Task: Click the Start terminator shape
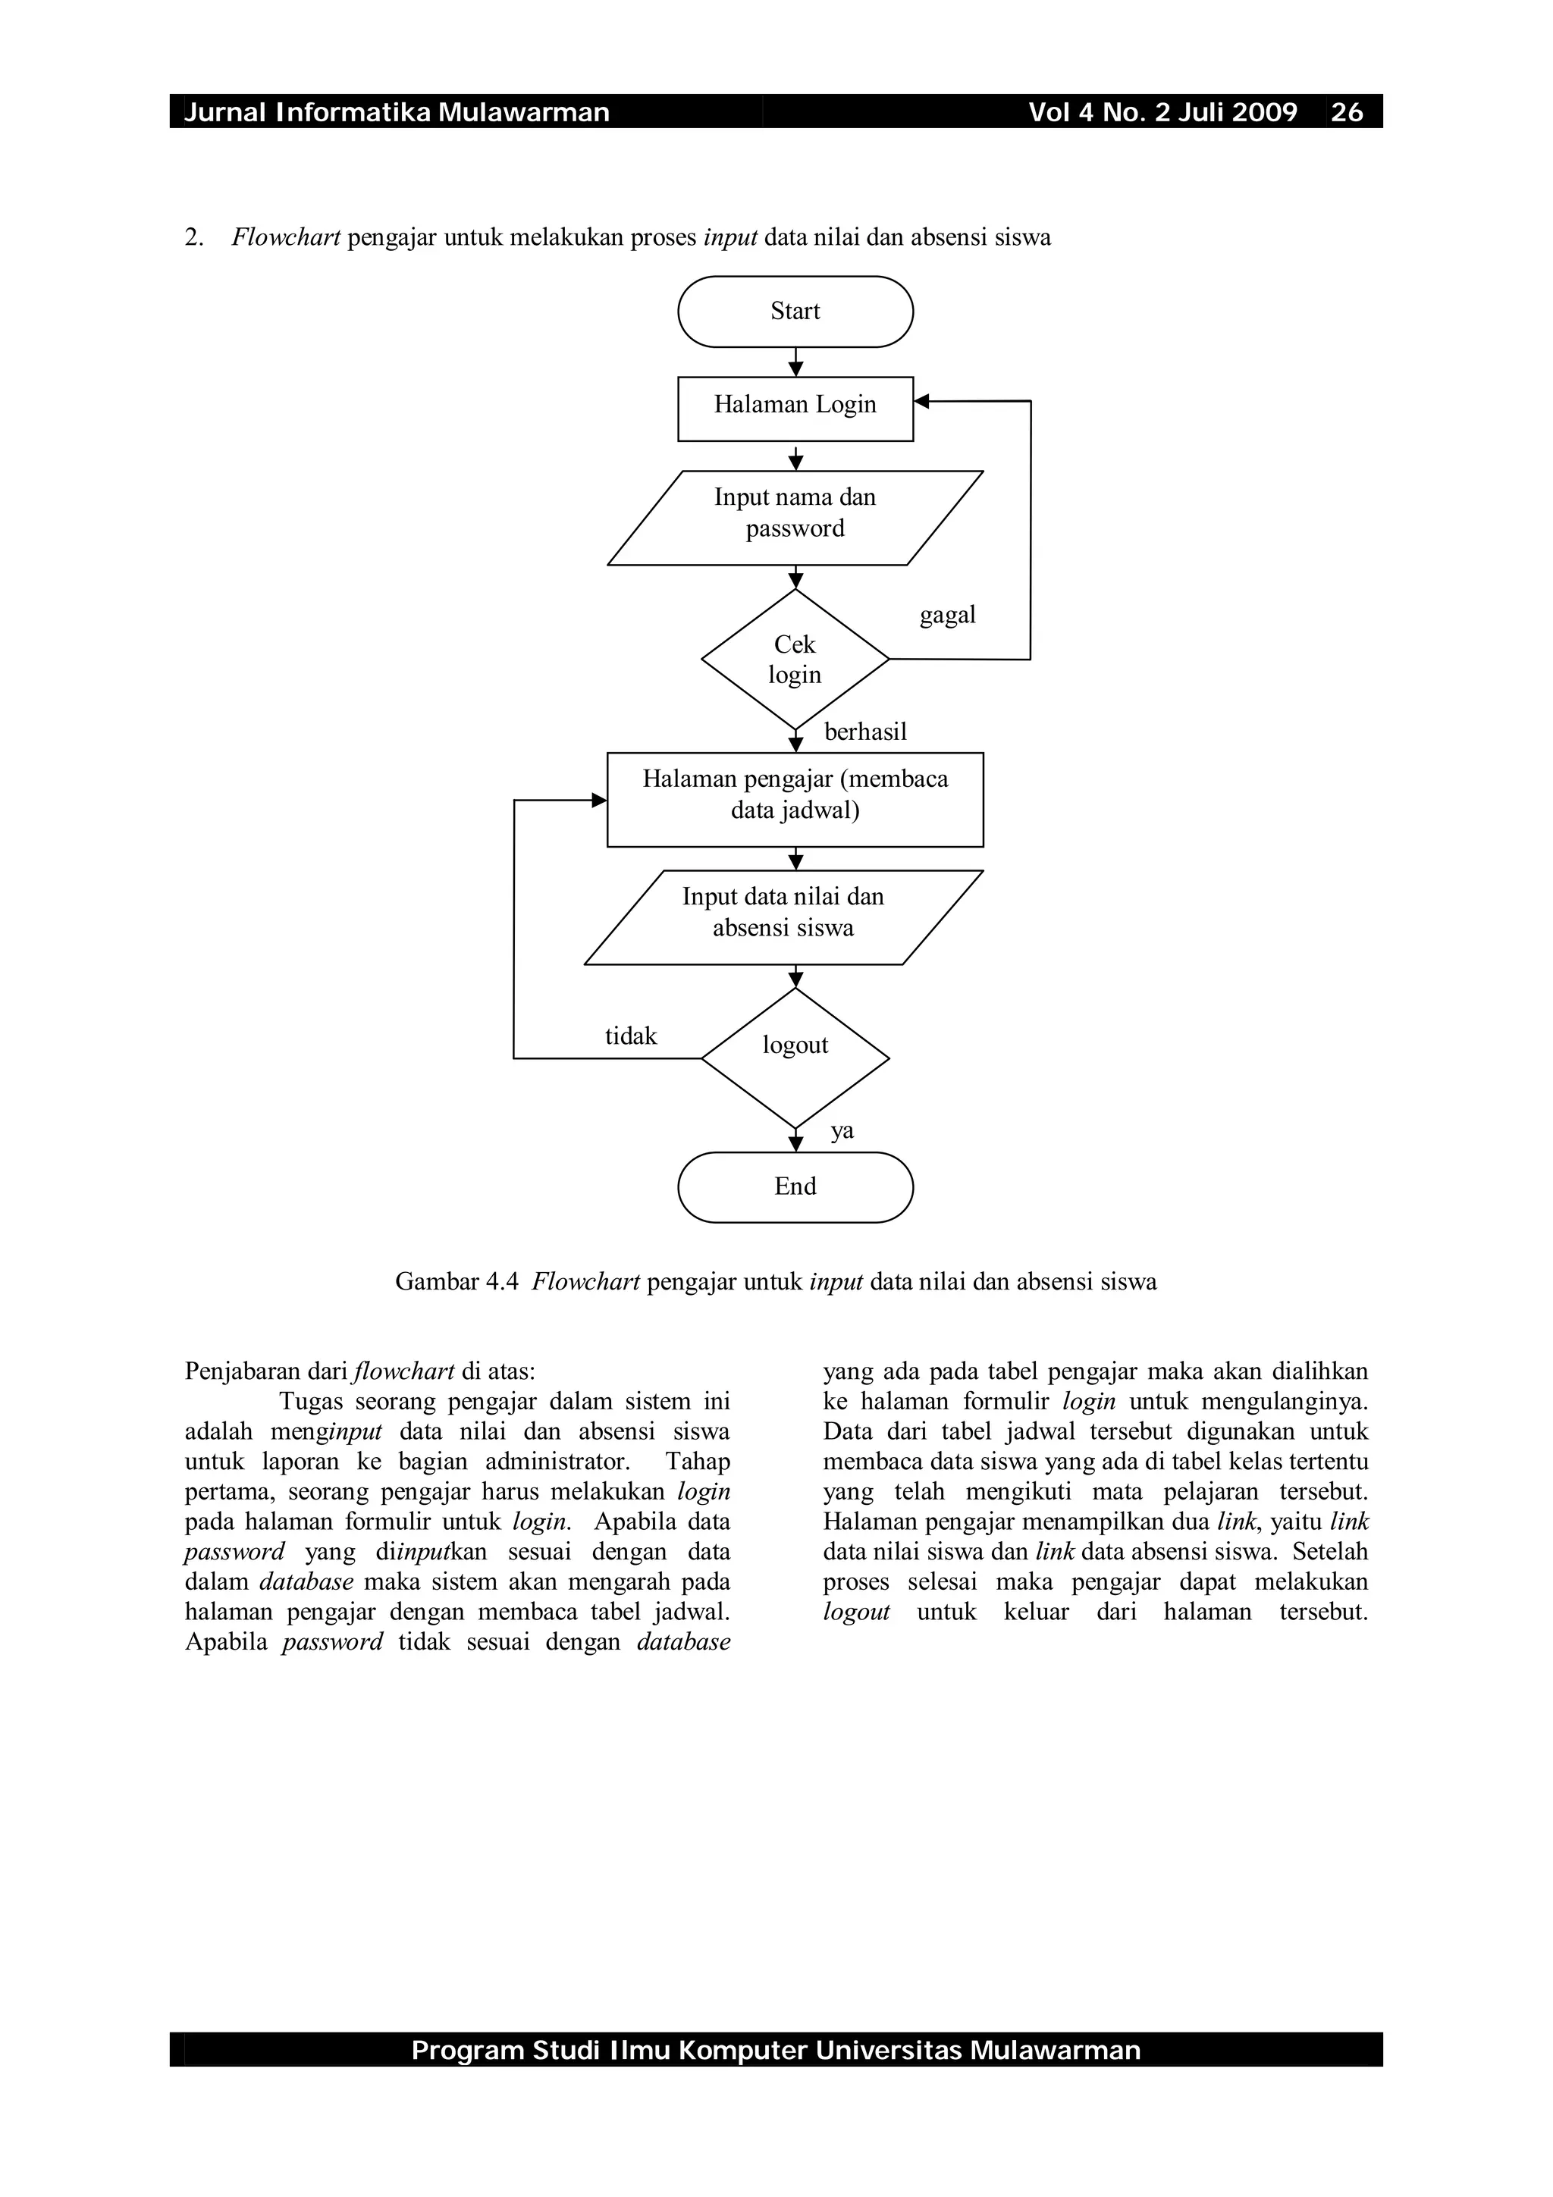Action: click(795, 311)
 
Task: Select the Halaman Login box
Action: click(795, 409)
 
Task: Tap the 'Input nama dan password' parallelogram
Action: click(795, 517)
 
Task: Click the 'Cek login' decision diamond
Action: click(795, 660)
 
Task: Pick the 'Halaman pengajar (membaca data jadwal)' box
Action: click(795, 799)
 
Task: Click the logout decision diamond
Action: click(795, 1058)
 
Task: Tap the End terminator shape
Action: click(795, 1186)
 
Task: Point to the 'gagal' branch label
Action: click(947, 614)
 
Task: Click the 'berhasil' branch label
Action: click(865, 732)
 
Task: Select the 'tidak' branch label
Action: click(631, 1036)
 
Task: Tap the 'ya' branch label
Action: click(842, 1131)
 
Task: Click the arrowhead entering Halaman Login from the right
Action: click(921, 402)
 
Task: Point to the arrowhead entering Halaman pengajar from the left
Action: click(600, 800)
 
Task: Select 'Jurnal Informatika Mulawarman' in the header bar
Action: click(396, 113)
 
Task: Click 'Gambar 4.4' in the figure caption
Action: click(456, 1282)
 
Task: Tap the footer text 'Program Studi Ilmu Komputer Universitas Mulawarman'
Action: click(776, 2050)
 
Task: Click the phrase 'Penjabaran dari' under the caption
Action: click(267, 1371)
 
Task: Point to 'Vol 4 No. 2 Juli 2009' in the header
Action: click(1162, 113)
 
